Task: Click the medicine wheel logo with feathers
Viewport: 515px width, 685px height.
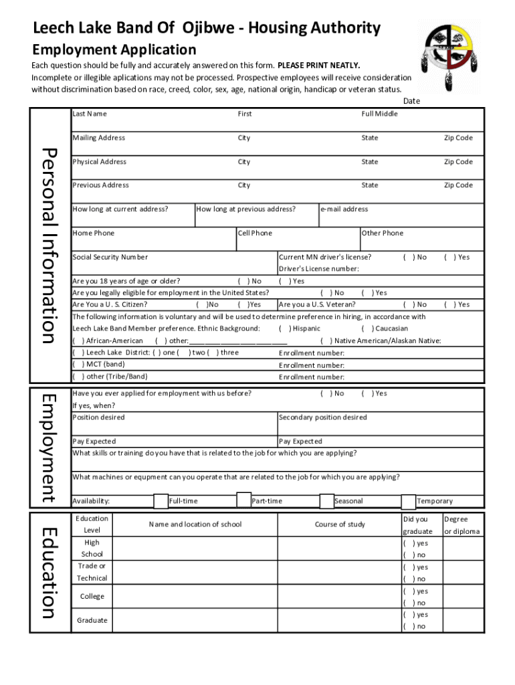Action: tap(449, 54)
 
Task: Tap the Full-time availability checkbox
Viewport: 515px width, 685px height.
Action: tap(161, 501)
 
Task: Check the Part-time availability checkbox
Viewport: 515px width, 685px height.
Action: tap(244, 501)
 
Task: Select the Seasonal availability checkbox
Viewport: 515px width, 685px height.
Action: tap(326, 501)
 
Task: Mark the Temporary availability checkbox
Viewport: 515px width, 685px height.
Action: tap(408, 501)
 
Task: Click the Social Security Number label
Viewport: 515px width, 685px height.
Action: tap(110, 257)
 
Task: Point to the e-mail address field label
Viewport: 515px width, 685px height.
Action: tap(344, 209)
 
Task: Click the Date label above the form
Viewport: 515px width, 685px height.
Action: tap(411, 101)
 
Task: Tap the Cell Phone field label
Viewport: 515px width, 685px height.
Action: tap(255, 233)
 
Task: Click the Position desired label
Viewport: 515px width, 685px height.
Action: tap(98, 417)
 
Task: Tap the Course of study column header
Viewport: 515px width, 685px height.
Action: tap(340, 524)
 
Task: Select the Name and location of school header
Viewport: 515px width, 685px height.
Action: tap(195, 524)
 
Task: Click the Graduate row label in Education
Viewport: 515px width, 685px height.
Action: tap(92, 620)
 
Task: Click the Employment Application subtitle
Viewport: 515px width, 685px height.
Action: tap(114, 50)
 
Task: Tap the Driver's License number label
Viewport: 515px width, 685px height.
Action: tap(318, 269)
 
